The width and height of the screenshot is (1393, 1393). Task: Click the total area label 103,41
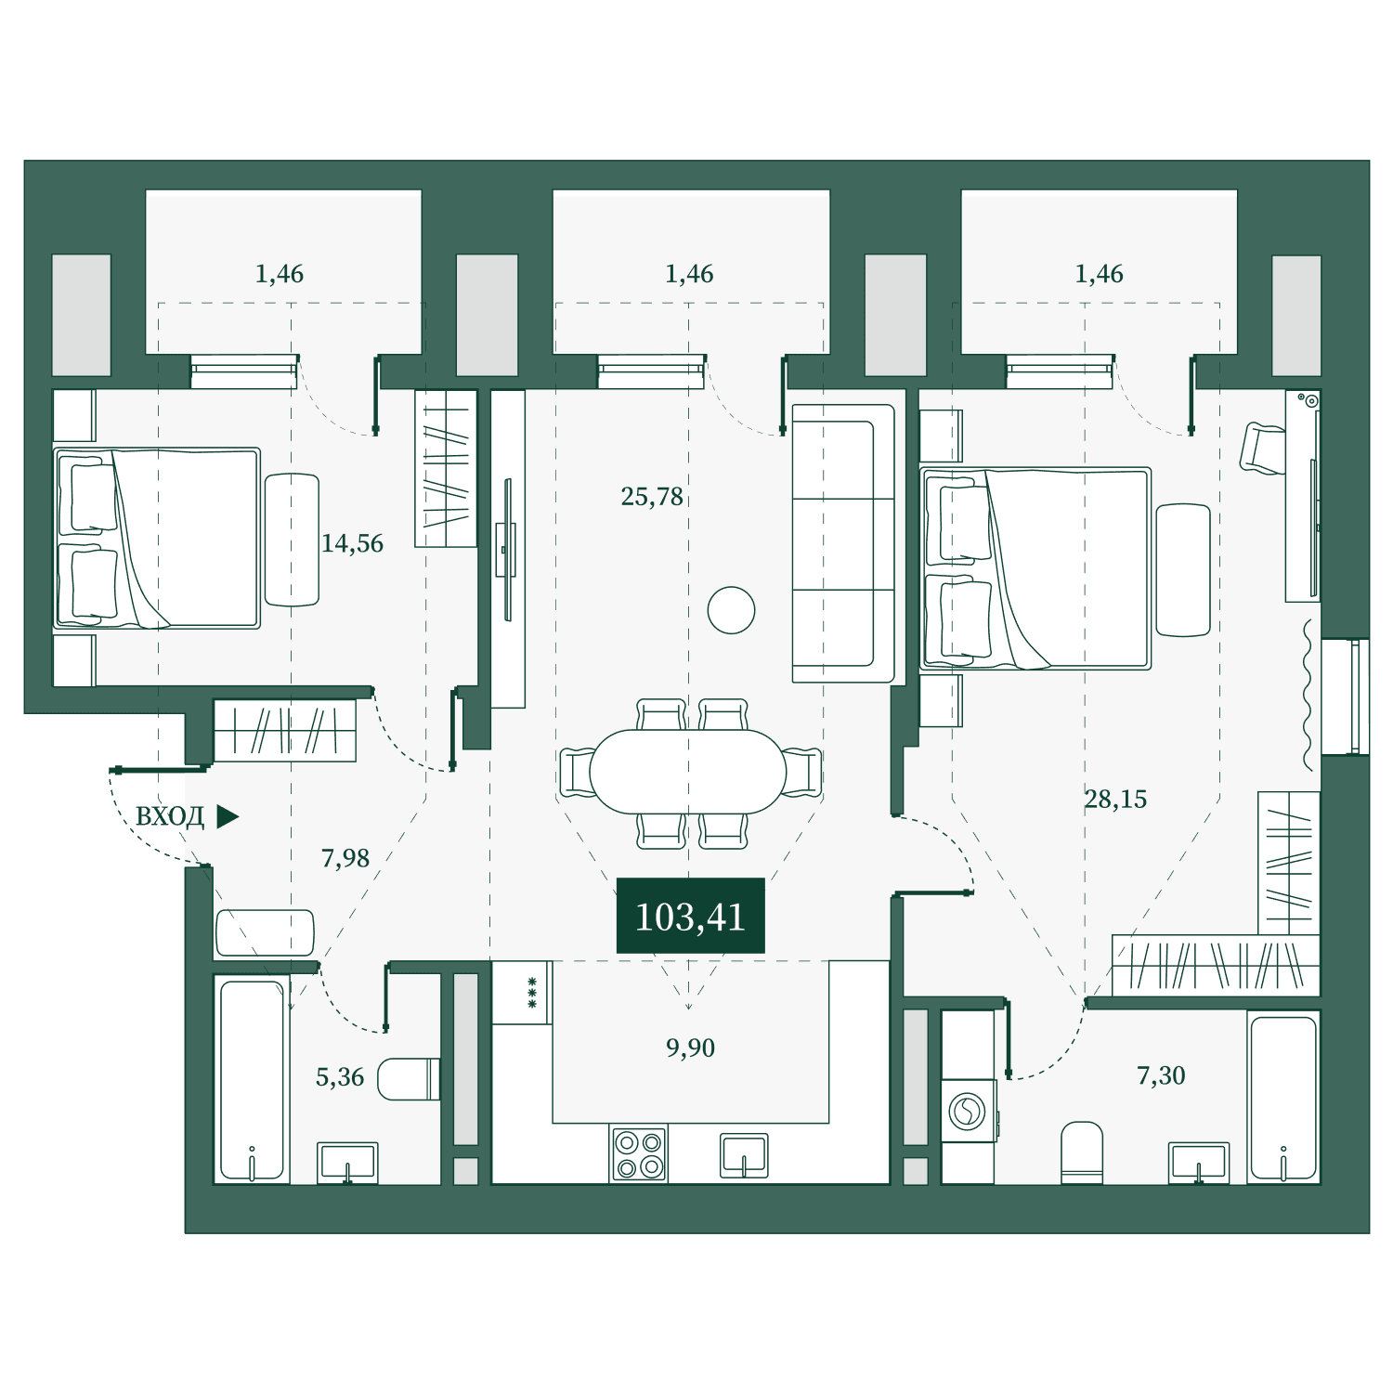pos(690,917)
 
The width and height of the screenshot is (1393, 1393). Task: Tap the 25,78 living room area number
pos(652,497)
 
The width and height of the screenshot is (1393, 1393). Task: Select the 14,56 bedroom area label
pos(352,543)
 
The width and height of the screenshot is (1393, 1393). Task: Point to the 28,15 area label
pos(1115,799)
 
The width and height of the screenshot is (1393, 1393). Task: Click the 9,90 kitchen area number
pos(690,1048)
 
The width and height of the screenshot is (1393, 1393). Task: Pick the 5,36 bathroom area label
pos(340,1076)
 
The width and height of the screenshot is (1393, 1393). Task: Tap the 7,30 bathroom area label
pos(1161,1075)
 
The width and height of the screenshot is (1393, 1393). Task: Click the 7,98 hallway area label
pos(345,858)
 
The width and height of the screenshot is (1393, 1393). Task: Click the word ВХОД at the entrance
pos(170,816)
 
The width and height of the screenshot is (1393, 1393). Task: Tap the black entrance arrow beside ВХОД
pos(228,816)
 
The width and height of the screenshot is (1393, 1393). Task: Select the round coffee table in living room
pos(731,610)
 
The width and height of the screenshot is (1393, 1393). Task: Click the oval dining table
pos(687,772)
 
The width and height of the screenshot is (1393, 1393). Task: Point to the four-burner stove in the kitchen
pos(639,1154)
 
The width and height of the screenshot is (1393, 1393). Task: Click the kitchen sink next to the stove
pos(745,1156)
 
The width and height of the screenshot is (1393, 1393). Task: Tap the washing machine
pos(969,1111)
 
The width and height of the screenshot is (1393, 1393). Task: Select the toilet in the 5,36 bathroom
pos(409,1078)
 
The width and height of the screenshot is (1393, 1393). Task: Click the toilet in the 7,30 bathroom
pos(1082,1152)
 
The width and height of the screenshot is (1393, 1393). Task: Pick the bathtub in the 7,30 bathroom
pos(1283,1098)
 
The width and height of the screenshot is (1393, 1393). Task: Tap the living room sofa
pos(843,543)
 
